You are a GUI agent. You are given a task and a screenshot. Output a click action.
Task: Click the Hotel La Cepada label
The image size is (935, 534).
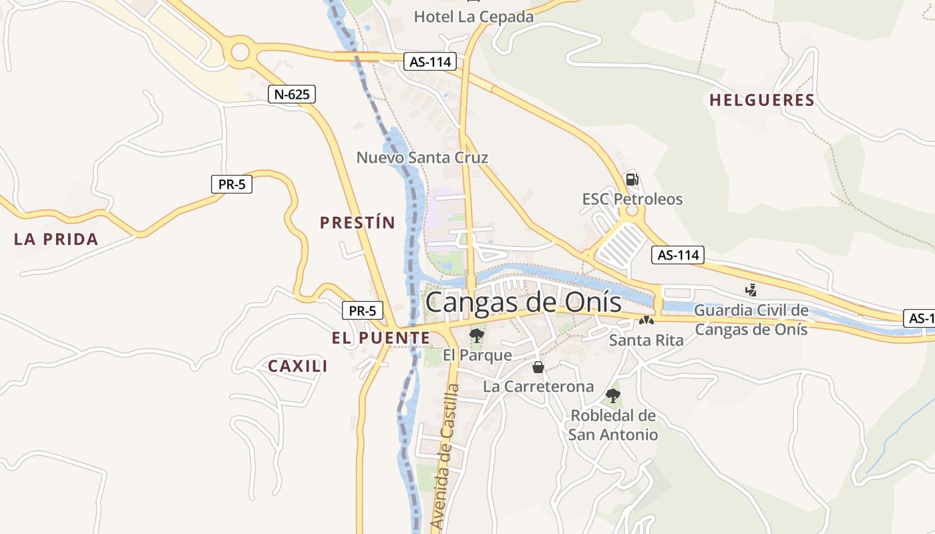(x=474, y=17)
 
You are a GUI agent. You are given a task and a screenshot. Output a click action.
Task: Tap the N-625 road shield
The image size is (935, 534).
(x=292, y=94)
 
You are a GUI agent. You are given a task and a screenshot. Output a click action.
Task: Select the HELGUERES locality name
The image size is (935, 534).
(x=761, y=101)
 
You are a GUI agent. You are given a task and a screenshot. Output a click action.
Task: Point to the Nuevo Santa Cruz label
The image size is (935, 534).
(x=422, y=158)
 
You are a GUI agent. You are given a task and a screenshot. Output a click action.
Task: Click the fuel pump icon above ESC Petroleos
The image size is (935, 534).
(x=631, y=179)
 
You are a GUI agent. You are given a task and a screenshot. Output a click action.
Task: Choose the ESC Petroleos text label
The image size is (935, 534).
(x=632, y=199)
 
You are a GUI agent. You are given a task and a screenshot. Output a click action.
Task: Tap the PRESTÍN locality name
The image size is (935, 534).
(x=357, y=222)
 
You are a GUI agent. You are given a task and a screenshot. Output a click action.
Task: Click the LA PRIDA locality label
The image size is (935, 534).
(x=56, y=239)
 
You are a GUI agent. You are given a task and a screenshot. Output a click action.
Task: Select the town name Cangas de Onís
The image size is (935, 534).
(x=523, y=302)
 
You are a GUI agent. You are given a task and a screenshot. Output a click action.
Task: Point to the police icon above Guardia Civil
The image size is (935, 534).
(x=751, y=290)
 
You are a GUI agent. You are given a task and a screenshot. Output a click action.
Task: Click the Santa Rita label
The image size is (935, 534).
(x=646, y=340)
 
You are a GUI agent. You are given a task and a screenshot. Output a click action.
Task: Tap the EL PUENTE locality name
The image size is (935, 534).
(x=381, y=338)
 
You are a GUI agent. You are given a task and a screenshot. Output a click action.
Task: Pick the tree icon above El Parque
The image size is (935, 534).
(x=476, y=335)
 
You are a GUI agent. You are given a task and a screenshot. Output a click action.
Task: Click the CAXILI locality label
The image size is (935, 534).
(x=298, y=366)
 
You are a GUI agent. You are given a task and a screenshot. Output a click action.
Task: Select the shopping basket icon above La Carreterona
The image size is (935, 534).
(x=538, y=367)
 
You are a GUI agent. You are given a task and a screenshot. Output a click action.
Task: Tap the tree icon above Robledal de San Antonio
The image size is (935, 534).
(x=612, y=396)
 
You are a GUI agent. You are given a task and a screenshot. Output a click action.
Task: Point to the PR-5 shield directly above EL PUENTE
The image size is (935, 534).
(x=363, y=310)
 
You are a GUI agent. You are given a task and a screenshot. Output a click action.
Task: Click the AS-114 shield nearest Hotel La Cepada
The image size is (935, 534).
(x=430, y=62)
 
